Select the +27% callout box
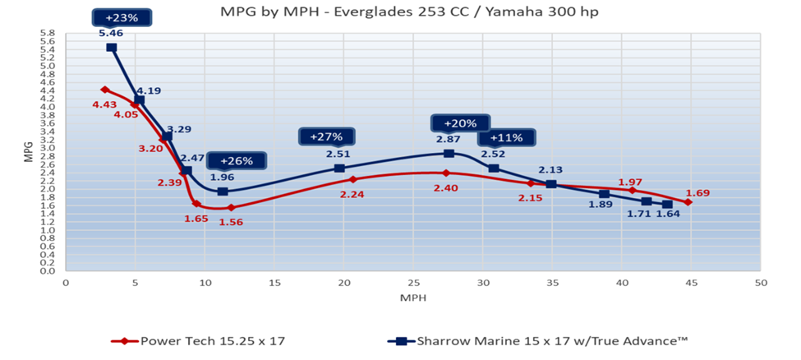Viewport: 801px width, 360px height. click(325, 136)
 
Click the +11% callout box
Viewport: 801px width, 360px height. click(506, 137)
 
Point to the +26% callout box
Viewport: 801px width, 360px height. click(237, 161)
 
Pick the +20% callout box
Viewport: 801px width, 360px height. click(459, 123)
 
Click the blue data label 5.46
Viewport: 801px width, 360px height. click(110, 34)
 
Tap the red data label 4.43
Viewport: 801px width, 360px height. click(104, 104)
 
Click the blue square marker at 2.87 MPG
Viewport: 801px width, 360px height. click(449, 153)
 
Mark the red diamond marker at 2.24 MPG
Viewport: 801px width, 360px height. click(353, 179)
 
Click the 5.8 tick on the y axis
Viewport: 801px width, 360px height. click(47, 34)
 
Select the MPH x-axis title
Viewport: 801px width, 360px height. click(413, 296)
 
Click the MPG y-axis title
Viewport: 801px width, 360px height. click(27, 153)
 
